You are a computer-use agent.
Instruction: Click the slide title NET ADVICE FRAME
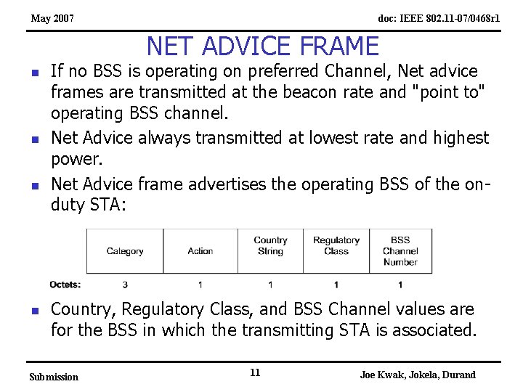coord(262,46)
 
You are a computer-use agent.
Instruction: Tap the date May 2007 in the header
coord(52,17)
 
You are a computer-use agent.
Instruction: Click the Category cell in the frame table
coord(125,251)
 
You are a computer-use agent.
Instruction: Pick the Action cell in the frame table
coord(200,251)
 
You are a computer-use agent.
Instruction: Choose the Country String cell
coord(270,246)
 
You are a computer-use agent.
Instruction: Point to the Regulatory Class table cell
coord(336,246)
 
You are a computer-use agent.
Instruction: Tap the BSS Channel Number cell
coord(400,250)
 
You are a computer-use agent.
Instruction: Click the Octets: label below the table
coord(65,285)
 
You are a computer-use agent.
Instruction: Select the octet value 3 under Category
coord(125,285)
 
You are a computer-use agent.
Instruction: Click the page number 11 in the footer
coord(255,372)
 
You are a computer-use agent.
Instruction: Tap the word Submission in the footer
coord(53,377)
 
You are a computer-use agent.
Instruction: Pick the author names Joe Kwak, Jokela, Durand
coord(418,375)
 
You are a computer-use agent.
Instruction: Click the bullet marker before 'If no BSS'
coord(34,73)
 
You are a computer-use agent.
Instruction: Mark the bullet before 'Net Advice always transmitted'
coord(34,139)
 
